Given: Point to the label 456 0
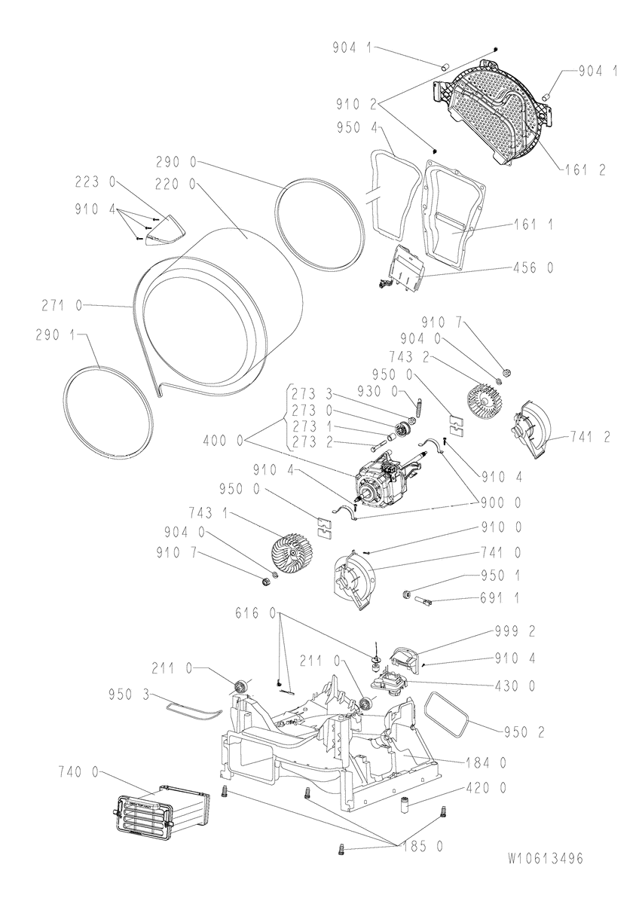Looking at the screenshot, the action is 534,267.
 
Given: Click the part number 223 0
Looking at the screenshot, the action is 95,182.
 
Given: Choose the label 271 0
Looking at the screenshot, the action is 61,306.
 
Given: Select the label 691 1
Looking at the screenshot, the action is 500,597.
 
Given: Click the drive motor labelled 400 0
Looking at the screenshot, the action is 386,481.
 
